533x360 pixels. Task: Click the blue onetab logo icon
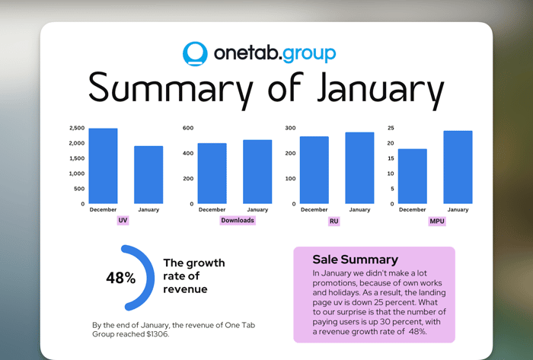[195, 54]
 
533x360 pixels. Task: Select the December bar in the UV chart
[103, 166]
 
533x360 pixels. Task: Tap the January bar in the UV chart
[148, 175]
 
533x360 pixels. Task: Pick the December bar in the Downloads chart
[212, 174]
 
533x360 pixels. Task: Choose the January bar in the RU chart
[359, 168]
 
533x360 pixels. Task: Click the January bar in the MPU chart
[458, 167]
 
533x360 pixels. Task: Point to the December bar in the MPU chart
[413, 177]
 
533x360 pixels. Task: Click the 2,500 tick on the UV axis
[77, 128]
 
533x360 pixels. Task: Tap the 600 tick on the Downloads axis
[188, 128]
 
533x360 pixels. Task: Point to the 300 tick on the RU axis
[290, 128]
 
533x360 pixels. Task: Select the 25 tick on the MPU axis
[391, 128]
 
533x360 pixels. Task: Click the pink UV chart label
[123, 221]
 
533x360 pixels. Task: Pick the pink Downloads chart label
[238, 221]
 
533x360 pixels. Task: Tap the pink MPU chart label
[437, 221]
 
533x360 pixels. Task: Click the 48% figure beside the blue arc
[120, 278]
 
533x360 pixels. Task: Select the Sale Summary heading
[356, 260]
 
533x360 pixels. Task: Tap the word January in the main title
[381, 89]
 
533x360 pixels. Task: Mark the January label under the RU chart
[359, 209]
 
